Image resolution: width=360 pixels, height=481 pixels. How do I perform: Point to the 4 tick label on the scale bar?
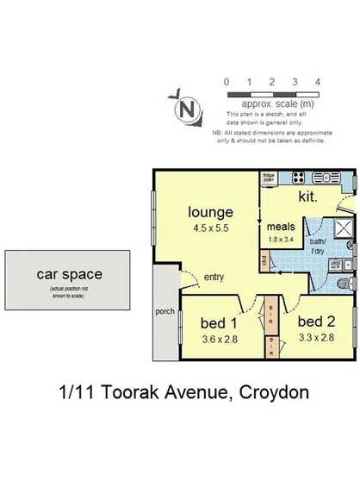(x=318, y=82)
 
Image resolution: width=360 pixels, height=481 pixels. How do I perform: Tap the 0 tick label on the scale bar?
(x=226, y=82)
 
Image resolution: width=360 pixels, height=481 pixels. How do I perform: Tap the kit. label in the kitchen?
(x=308, y=197)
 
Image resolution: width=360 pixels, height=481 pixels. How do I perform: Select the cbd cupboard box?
(x=264, y=259)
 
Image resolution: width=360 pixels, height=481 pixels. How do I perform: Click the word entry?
(x=214, y=277)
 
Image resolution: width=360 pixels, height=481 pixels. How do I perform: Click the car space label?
(x=70, y=275)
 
